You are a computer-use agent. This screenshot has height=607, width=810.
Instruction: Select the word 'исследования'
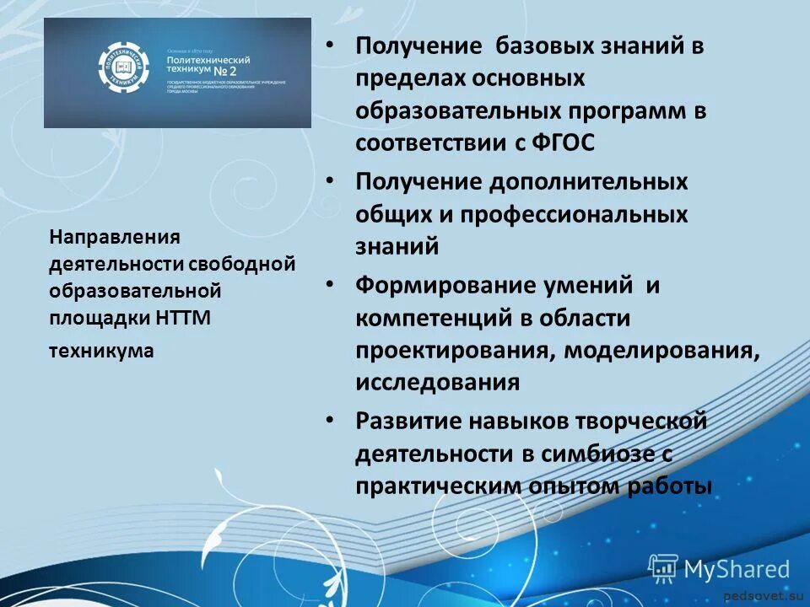437,382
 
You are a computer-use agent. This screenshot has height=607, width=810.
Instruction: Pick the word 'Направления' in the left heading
103,239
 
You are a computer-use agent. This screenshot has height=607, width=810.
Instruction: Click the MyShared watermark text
737,569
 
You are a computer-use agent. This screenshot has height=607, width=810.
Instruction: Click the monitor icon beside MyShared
663,569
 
